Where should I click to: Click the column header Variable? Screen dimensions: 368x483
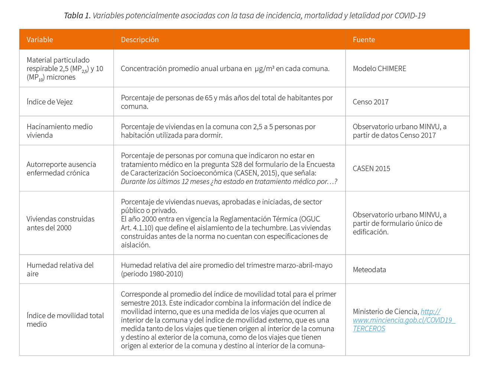click(40, 40)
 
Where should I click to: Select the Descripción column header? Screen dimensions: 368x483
click(140, 40)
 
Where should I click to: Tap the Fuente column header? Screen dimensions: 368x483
click(364, 40)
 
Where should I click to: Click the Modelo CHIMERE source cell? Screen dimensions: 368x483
click(379, 69)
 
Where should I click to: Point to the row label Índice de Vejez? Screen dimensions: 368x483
click(49, 102)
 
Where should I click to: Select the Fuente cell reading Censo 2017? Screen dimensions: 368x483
click(370, 102)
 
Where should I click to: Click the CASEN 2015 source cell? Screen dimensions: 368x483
click(371, 169)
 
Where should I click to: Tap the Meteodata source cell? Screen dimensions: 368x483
click(369, 270)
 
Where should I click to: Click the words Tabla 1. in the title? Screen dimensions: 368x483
click(77, 16)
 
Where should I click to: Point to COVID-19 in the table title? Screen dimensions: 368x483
click(410, 16)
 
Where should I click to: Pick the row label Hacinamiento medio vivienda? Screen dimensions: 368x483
click(59, 131)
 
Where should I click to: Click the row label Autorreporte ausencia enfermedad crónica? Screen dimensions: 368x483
click(61, 169)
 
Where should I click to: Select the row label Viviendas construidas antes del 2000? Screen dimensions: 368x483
click(61, 223)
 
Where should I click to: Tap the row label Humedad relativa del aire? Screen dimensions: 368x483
click(60, 269)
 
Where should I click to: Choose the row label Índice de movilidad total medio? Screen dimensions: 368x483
click(65, 320)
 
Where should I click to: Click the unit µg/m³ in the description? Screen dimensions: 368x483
click(264, 69)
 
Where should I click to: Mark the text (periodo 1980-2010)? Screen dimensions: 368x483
click(152, 274)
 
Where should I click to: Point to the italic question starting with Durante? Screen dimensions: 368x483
click(229, 182)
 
